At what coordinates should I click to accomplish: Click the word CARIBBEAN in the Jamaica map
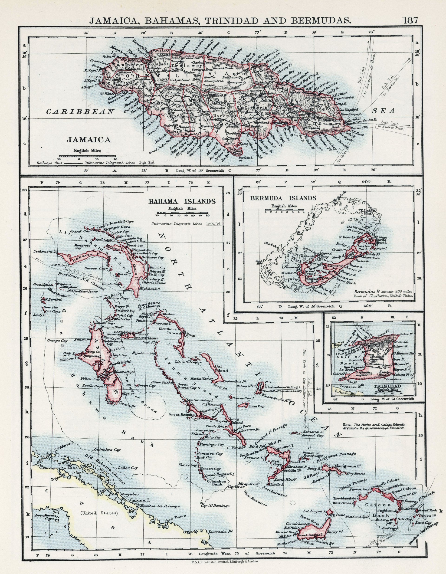point(80,112)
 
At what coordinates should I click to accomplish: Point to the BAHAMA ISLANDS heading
point(182,201)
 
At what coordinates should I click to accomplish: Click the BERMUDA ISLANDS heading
point(283,198)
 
